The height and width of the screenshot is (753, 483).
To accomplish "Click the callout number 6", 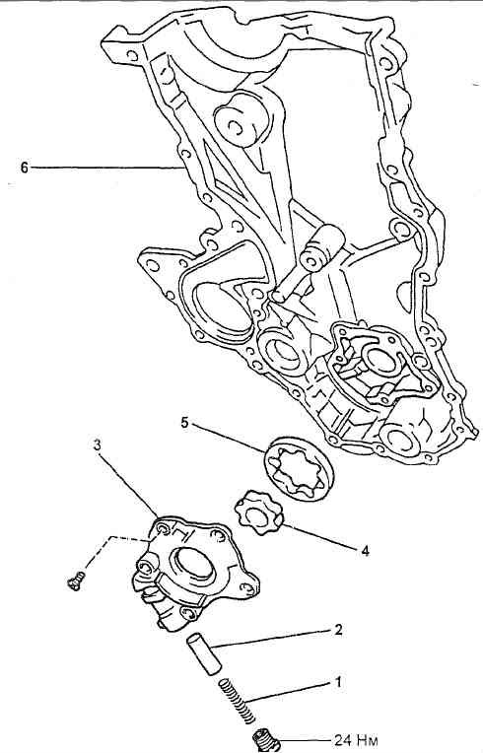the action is (25, 168).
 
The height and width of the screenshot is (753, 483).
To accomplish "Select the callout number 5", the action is (185, 423).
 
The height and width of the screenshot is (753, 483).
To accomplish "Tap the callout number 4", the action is (365, 551).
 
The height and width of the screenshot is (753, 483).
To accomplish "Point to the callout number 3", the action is (98, 445).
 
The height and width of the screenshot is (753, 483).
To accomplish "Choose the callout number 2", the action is (338, 630).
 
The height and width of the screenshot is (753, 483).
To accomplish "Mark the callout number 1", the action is (338, 682).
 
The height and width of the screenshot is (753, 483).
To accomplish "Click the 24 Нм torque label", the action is (356, 739).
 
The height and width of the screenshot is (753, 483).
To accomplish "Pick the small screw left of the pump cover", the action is (76, 580).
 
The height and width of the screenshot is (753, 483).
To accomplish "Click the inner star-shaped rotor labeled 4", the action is (259, 513).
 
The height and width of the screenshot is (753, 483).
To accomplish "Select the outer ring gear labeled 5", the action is (298, 469).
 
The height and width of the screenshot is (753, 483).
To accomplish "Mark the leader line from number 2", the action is (273, 640).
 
